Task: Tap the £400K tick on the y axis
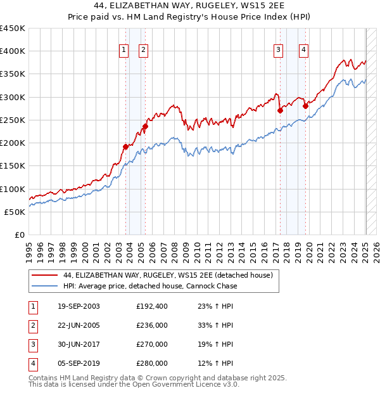13,51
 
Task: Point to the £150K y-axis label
13,166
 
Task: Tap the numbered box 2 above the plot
143,51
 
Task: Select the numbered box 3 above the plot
278,51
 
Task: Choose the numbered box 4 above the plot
304,51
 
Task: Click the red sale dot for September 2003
125,146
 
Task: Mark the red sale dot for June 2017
280,110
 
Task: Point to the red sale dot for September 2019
305,106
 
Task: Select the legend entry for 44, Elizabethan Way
167,275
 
